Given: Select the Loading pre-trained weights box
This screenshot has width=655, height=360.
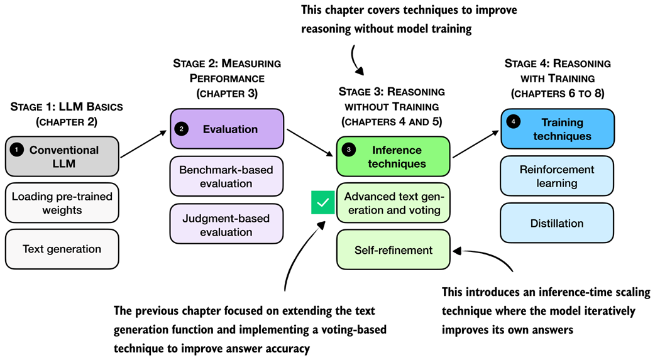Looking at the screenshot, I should pyautogui.click(x=62, y=203).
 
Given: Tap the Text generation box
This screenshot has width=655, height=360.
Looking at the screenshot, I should pyautogui.click(x=62, y=249).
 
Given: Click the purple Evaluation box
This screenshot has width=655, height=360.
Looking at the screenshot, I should pyautogui.click(x=228, y=129).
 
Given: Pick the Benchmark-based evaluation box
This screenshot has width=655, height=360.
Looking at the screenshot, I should pyautogui.click(x=228, y=177).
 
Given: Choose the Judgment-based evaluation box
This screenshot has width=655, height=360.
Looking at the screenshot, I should pyautogui.click(x=228, y=225).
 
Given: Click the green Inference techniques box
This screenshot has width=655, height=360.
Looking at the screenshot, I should pyautogui.click(x=394, y=157).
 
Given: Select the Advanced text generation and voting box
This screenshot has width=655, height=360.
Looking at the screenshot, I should pyautogui.click(x=394, y=203).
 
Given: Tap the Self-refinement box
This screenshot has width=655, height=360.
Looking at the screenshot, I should pyautogui.click(x=394, y=250).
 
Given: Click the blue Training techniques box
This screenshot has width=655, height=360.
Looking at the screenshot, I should pyautogui.click(x=557, y=129).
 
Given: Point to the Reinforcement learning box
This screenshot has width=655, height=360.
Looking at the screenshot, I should pyautogui.click(x=557, y=177).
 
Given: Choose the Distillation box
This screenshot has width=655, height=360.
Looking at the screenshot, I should pyautogui.click(x=557, y=223).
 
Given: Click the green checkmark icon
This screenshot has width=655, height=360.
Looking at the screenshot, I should pyautogui.click(x=323, y=203).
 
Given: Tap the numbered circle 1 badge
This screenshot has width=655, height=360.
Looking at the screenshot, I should pyautogui.click(x=18, y=150).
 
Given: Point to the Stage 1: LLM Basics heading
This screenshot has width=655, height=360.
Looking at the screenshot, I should pyautogui.click(x=67, y=114).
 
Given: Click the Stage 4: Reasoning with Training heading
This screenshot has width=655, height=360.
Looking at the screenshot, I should pyautogui.click(x=558, y=79).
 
